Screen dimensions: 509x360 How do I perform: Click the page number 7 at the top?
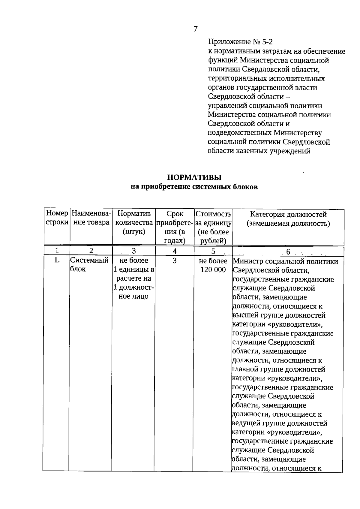point(195,29)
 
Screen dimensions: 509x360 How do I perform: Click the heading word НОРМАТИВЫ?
point(194,177)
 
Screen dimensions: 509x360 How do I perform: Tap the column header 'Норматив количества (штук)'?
point(134,222)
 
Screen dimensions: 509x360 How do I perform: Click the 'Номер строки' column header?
point(57,218)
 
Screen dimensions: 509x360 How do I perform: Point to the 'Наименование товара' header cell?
point(91,218)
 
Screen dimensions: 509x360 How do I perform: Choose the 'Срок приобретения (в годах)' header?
point(175,227)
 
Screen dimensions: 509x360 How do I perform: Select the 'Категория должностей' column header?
point(288,218)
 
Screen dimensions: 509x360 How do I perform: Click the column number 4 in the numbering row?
point(175,251)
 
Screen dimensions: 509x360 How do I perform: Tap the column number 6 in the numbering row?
point(288,251)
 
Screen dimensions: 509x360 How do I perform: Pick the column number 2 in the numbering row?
point(91,251)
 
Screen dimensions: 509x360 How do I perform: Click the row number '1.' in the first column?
point(57,261)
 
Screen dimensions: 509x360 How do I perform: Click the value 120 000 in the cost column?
point(213,270)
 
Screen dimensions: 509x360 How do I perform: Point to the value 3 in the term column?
point(175,261)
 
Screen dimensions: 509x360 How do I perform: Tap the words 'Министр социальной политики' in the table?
point(285,261)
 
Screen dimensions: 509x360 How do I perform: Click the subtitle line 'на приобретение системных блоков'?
point(194,187)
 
